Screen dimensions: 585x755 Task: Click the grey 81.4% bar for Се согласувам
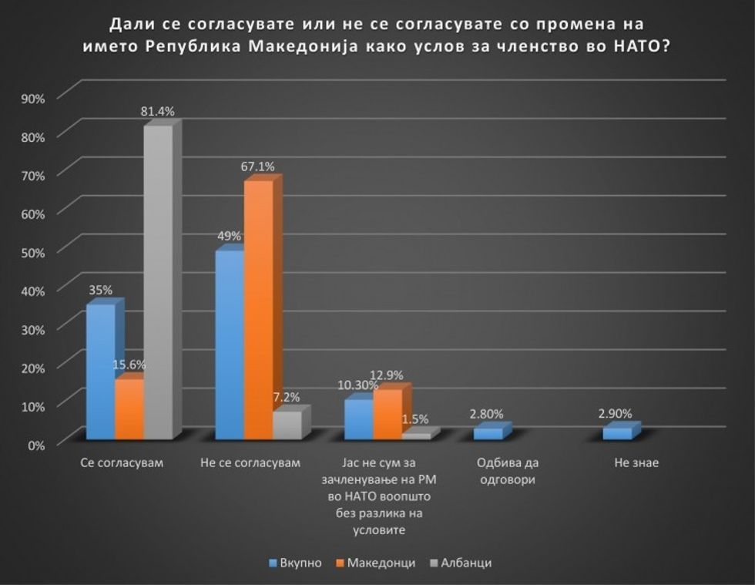[x=158, y=281]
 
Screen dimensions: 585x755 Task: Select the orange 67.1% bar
[x=258, y=308]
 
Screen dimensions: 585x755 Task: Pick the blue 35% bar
[x=100, y=370]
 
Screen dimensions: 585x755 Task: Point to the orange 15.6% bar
[x=129, y=408]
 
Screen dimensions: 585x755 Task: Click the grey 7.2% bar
[x=287, y=425]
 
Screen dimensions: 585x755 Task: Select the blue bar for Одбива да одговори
[x=488, y=433]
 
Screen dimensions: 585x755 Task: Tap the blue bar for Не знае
[x=617, y=433]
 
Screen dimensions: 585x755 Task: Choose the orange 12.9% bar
[x=388, y=414]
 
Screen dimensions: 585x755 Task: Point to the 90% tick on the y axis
[x=34, y=97]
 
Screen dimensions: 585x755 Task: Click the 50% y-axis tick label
[x=34, y=251]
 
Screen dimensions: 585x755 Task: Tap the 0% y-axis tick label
[x=37, y=444]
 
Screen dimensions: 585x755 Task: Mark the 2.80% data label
[x=487, y=414]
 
